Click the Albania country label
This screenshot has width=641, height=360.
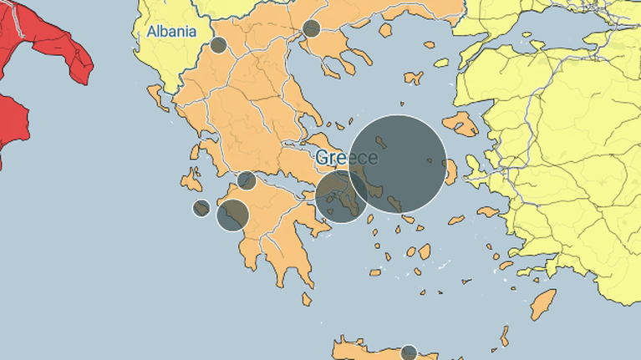(x=171, y=33)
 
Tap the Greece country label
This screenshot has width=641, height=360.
(x=346, y=158)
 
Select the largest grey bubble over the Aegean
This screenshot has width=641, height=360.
(x=398, y=163)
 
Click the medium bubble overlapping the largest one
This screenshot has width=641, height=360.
(x=342, y=196)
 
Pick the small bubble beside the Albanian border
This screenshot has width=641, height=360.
(x=218, y=45)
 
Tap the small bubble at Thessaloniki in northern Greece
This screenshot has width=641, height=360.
(x=312, y=28)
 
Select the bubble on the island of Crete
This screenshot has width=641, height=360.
(x=409, y=352)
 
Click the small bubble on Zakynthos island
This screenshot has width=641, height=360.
(x=201, y=208)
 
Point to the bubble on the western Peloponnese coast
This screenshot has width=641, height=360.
(x=232, y=215)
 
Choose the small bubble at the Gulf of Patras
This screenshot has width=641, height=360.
(x=247, y=180)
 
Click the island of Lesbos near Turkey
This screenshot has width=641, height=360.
(x=460, y=124)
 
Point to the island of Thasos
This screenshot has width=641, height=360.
(x=386, y=29)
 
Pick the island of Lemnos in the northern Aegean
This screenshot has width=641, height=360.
(x=414, y=79)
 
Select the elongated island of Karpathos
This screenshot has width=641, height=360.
(x=505, y=336)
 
